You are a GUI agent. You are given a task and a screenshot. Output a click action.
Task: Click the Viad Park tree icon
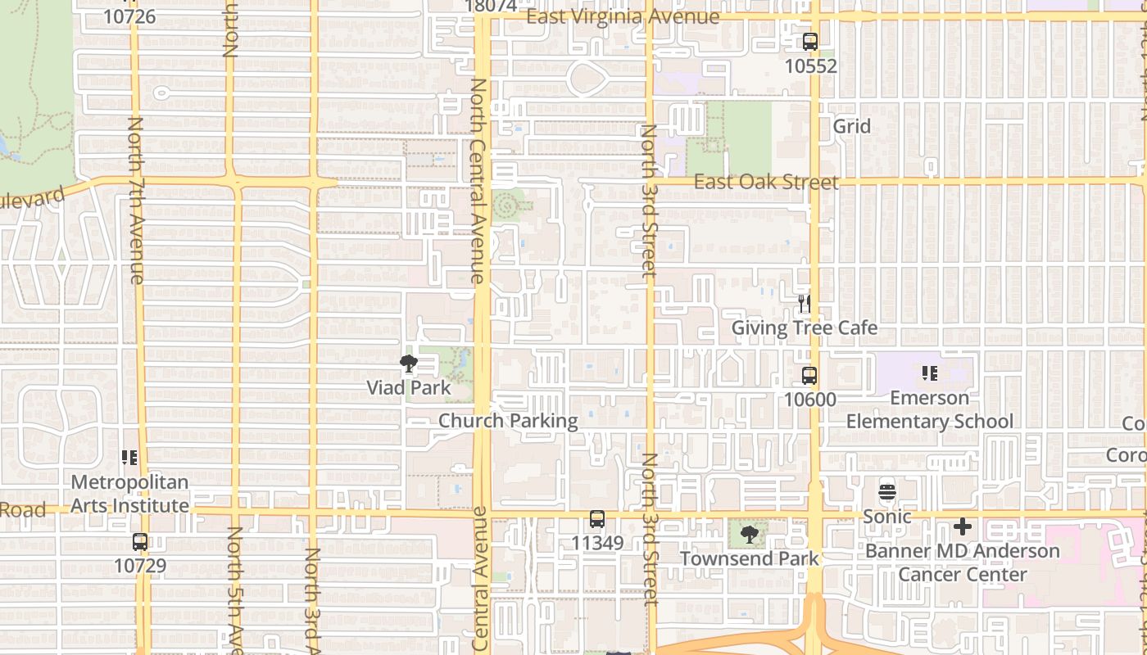(x=408, y=364)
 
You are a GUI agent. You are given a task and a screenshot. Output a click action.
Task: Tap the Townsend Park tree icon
(x=748, y=535)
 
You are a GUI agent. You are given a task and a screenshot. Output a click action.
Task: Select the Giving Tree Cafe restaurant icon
(x=805, y=304)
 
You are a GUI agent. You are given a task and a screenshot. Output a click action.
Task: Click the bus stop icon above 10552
(x=810, y=42)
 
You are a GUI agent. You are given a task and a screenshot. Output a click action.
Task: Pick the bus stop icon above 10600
(x=809, y=376)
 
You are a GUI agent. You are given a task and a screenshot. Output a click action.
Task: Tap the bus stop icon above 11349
(x=597, y=519)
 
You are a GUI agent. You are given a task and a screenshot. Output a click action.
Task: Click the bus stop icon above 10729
(x=140, y=542)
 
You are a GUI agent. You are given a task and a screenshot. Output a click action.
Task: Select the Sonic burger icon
(x=887, y=492)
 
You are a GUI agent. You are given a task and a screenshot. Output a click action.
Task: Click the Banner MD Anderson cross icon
(x=963, y=526)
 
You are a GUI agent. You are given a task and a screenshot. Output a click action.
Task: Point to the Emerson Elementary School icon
(x=929, y=373)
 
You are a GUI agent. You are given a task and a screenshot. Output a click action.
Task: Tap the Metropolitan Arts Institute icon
(x=129, y=458)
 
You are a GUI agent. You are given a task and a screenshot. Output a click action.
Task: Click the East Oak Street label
(x=766, y=182)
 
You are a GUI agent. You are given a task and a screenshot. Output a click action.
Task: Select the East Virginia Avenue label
(x=623, y=16)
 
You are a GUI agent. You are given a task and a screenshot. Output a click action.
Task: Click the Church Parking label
(x=508, y=421)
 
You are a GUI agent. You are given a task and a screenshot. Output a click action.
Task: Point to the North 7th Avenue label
(x=136, y=201)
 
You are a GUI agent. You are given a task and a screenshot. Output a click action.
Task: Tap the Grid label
(x=851, y=126)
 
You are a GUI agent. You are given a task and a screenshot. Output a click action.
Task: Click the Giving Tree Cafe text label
(x=804, y=328)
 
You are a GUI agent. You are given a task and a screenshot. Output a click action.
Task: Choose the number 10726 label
(x=129, y=16)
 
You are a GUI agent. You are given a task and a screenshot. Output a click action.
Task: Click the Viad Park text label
(x=408, y=387)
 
